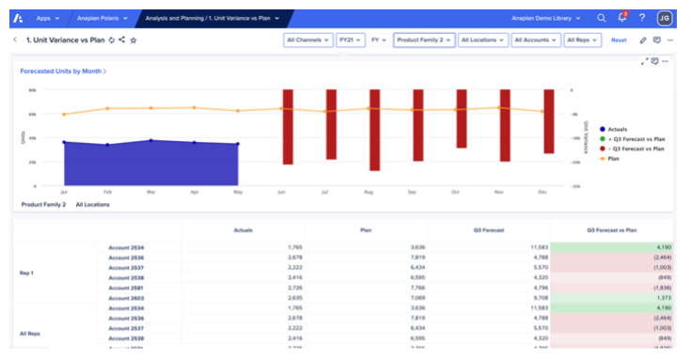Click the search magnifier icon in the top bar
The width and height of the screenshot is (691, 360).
pos(602,18)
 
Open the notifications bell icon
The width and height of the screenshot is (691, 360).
pos(621,18)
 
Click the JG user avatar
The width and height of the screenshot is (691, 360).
pos(665,18)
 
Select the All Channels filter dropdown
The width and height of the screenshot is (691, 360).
pos(307,40)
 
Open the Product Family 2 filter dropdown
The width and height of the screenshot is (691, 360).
pos(424,40)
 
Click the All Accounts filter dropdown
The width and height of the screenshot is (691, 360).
pos(537,40)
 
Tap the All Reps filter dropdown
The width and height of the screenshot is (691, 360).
pos(583,40)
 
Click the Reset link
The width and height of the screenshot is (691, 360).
pos(619,40)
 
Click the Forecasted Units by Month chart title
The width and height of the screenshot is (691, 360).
pos(62,70)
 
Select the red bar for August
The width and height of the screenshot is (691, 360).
pos(374,130)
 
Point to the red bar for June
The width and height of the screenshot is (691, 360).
pos(288,126)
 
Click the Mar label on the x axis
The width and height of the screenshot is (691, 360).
pos(150,191)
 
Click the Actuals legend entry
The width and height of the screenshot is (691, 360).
pos(617,129)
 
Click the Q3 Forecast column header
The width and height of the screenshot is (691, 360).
pos(488,229)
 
